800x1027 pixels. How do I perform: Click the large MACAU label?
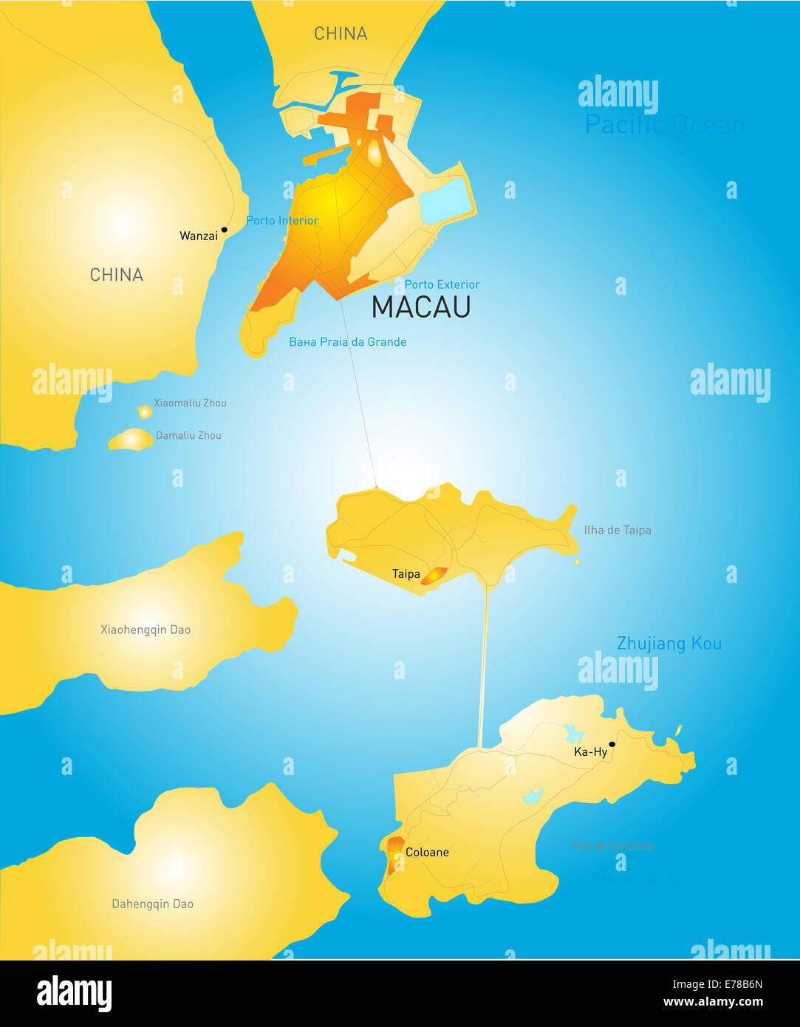pyautogui.click(x=421, y=307)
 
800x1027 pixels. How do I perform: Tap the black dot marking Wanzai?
pyautogui.click(x=225, y=230)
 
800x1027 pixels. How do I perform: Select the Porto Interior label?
pyautogui.click(x=282, y=220)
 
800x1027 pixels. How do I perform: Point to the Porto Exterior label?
pyautogui.click(x=442, y=284)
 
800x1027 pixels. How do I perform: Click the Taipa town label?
pyautogui.click(x=406, y=574)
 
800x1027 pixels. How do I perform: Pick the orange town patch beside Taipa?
pyautogui.click(x=434, y=576)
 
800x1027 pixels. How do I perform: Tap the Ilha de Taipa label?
pyautogui.click(x=617, y=530)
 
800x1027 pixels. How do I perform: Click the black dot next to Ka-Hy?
pyautogui.click(x=612, y=744)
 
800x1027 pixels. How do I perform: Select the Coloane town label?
pyautogui.click(x=427, y=852)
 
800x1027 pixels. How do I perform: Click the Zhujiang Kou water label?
pyautogui.click(x=669, y=644)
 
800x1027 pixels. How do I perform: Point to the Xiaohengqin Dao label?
pyautogui.click(x=146, y=629)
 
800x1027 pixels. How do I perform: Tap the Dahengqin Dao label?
pyautogui.click(x=152, y=904)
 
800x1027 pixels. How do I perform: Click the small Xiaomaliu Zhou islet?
pyautogui.click(x=145, y=412)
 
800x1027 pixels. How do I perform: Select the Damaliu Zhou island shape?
pyautogui.click(x=131, y=440)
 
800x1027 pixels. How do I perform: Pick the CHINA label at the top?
pyautogui.click(x=341, y=33)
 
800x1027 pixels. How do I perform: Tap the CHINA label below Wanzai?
pyautogui.click(x=116, y=275)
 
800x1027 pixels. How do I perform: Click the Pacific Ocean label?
pyautogui.click(x=664, y=125)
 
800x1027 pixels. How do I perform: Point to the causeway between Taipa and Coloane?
pyautogui.click(x=484, y=665)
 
